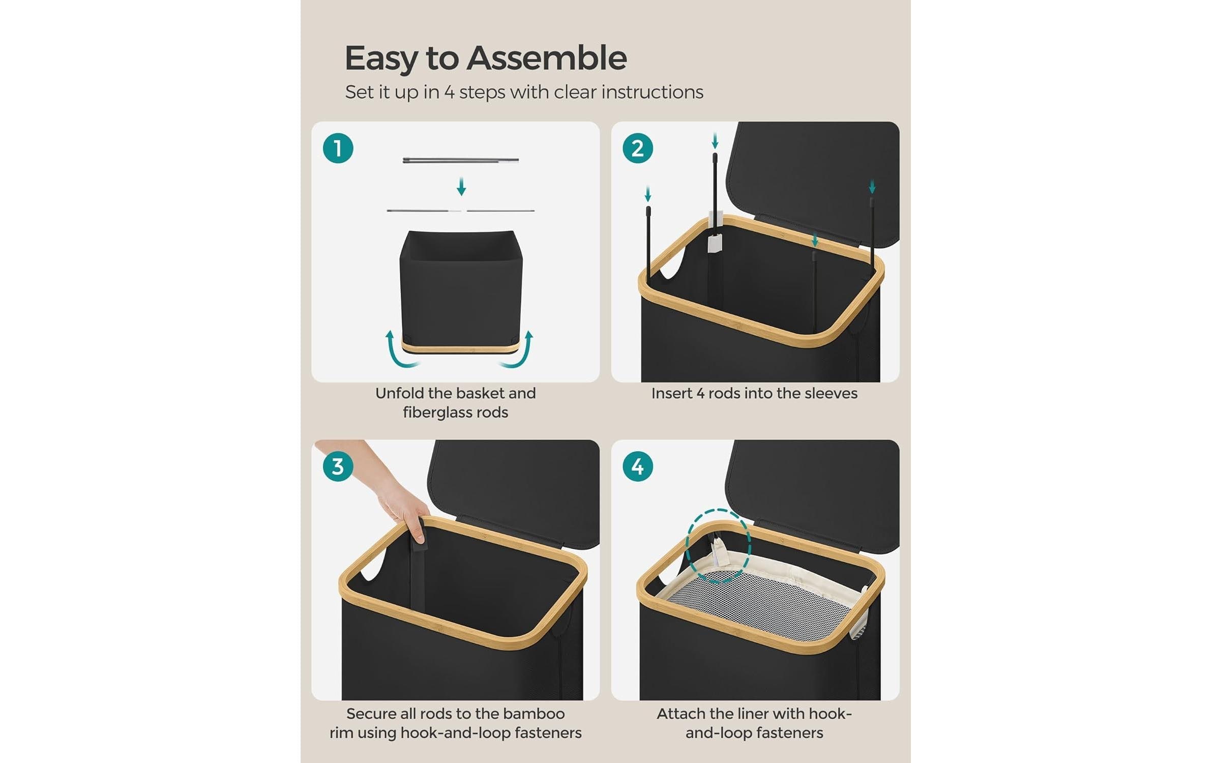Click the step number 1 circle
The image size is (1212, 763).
[x=338, y=148]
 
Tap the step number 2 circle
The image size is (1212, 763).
[x=637, y=148]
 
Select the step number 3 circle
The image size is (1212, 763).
[x=338, y=466]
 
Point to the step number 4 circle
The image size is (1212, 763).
[x=637, y=466]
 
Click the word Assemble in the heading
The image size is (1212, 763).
[x=547, y=58]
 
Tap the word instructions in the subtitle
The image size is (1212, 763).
[x=653, y=92]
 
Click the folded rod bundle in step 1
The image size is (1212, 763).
[x=461, y=160]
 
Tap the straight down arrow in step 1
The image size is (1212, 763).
[x=461, y=186]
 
